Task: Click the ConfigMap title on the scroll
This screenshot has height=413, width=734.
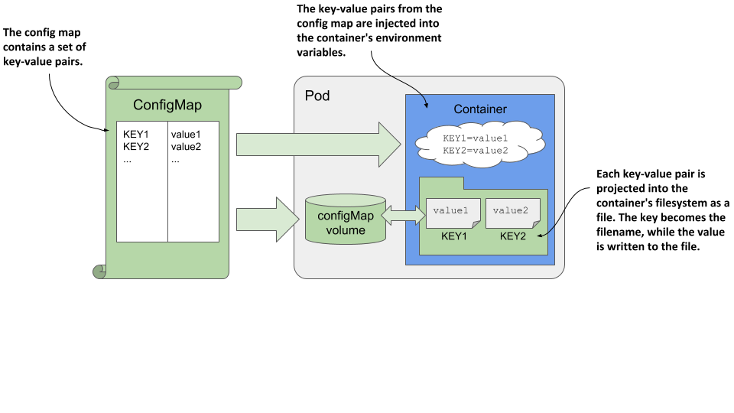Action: [167, 105]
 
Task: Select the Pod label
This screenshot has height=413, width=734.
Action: [317, 96]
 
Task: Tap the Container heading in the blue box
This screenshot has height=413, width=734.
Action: [480, 109]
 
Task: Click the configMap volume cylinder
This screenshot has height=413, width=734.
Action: [345, 220]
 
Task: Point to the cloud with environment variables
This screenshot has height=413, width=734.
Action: [479, 145]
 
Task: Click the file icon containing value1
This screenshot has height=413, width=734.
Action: [453, 212]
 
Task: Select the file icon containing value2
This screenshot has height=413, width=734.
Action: [513, 212]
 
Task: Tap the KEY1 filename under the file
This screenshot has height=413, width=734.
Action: [453, 237]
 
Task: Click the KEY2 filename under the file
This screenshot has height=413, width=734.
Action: [513, 237]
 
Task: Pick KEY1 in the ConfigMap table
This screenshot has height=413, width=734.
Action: [135, 135]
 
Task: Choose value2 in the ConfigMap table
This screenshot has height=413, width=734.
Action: [186, 147]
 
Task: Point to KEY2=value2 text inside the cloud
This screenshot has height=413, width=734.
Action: [475, 151]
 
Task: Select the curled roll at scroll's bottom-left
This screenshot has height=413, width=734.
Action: [99, 271]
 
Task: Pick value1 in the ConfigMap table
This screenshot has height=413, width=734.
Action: [186, 135]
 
